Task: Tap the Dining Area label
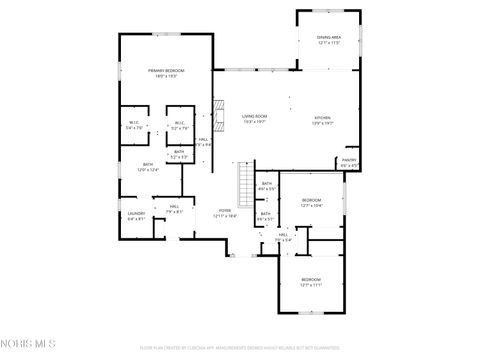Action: pyautogui.click(x=329, y=40)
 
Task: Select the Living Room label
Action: pyautogui.click(x=254, y=119)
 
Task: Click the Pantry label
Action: pyautogui.click(x=349, y=162)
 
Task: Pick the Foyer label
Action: pyautogui.click(x=225, y=212)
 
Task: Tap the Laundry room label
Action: pyautogui.click(x=136, y=215)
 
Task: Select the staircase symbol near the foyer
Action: pyautogui.click(x=245, y=183)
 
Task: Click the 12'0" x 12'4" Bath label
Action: pyautogui.click(x=148, y=167)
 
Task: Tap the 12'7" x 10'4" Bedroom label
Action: pyautogui.click(x=311, y=202)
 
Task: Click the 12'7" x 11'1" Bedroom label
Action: pyautogui.click(x=311, y=282)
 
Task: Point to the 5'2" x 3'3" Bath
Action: pyautogui.click(x=179, y=153)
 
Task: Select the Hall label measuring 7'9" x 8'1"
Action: pyautogui.click(x=174, y=209)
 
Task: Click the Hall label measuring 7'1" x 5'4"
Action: pyautogui.click(x=283, y=237)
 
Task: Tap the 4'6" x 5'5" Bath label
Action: pyautogui.click(x=266, y=186)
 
